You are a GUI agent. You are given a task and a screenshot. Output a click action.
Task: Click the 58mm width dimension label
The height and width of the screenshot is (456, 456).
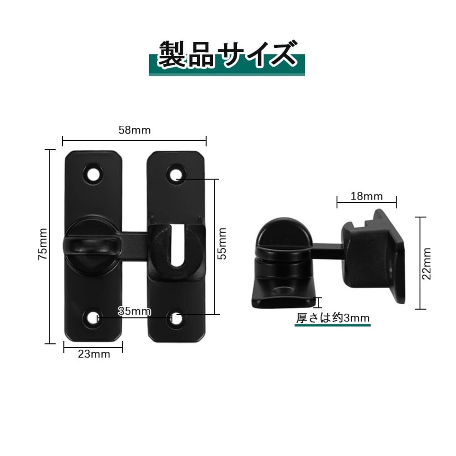[134, 130]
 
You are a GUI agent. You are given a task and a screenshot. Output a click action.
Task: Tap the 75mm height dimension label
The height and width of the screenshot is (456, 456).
[43, 244]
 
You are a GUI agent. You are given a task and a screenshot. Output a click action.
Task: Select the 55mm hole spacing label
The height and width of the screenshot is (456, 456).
[222, 244]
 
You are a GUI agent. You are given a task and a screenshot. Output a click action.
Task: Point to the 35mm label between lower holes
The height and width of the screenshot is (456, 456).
[134, 311]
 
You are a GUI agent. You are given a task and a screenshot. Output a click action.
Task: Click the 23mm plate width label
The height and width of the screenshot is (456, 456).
[94, 354]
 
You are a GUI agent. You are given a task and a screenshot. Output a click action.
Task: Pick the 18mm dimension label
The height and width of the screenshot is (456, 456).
[366, 196]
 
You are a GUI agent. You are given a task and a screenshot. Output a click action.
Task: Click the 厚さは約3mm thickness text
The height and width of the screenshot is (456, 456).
[333, 318]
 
